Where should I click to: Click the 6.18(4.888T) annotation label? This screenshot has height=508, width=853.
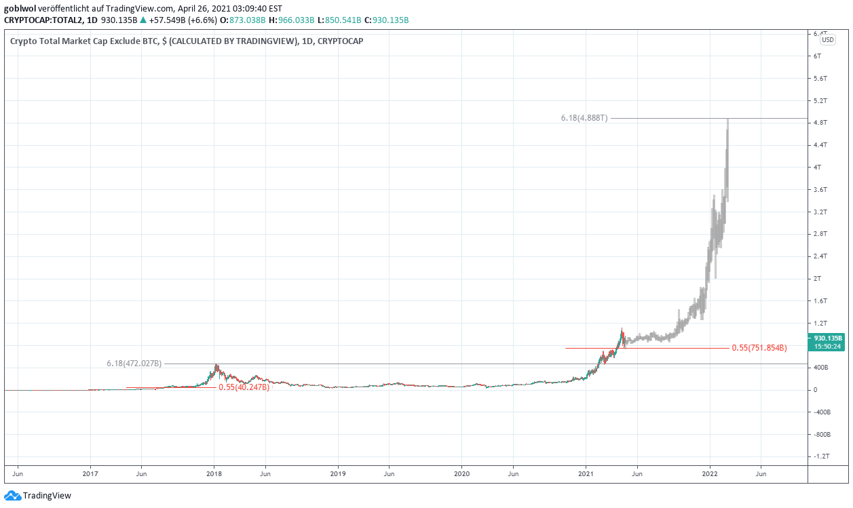[x=584, y=119]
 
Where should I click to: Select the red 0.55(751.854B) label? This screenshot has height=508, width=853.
[x=759, y=348]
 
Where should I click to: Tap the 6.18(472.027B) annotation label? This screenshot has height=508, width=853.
[x=134, y=364]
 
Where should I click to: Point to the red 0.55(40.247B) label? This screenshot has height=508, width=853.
[x=244, y=387]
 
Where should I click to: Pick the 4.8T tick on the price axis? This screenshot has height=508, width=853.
[x=820, y=123]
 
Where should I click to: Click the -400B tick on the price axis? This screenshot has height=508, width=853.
[x=822, y=412]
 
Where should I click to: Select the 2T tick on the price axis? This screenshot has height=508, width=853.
[x=818, y=279]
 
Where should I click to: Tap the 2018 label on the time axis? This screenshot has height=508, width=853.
[x=214, y=473]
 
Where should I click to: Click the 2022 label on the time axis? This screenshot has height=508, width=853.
[x=710, y=473]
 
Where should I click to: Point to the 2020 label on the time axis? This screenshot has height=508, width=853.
[x=461, y=473]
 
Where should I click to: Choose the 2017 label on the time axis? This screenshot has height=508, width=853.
[x=90, y=473]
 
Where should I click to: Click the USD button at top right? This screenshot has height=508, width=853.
[x=828, y=40]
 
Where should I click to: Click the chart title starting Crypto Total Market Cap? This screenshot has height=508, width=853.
[x=187, y=41]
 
